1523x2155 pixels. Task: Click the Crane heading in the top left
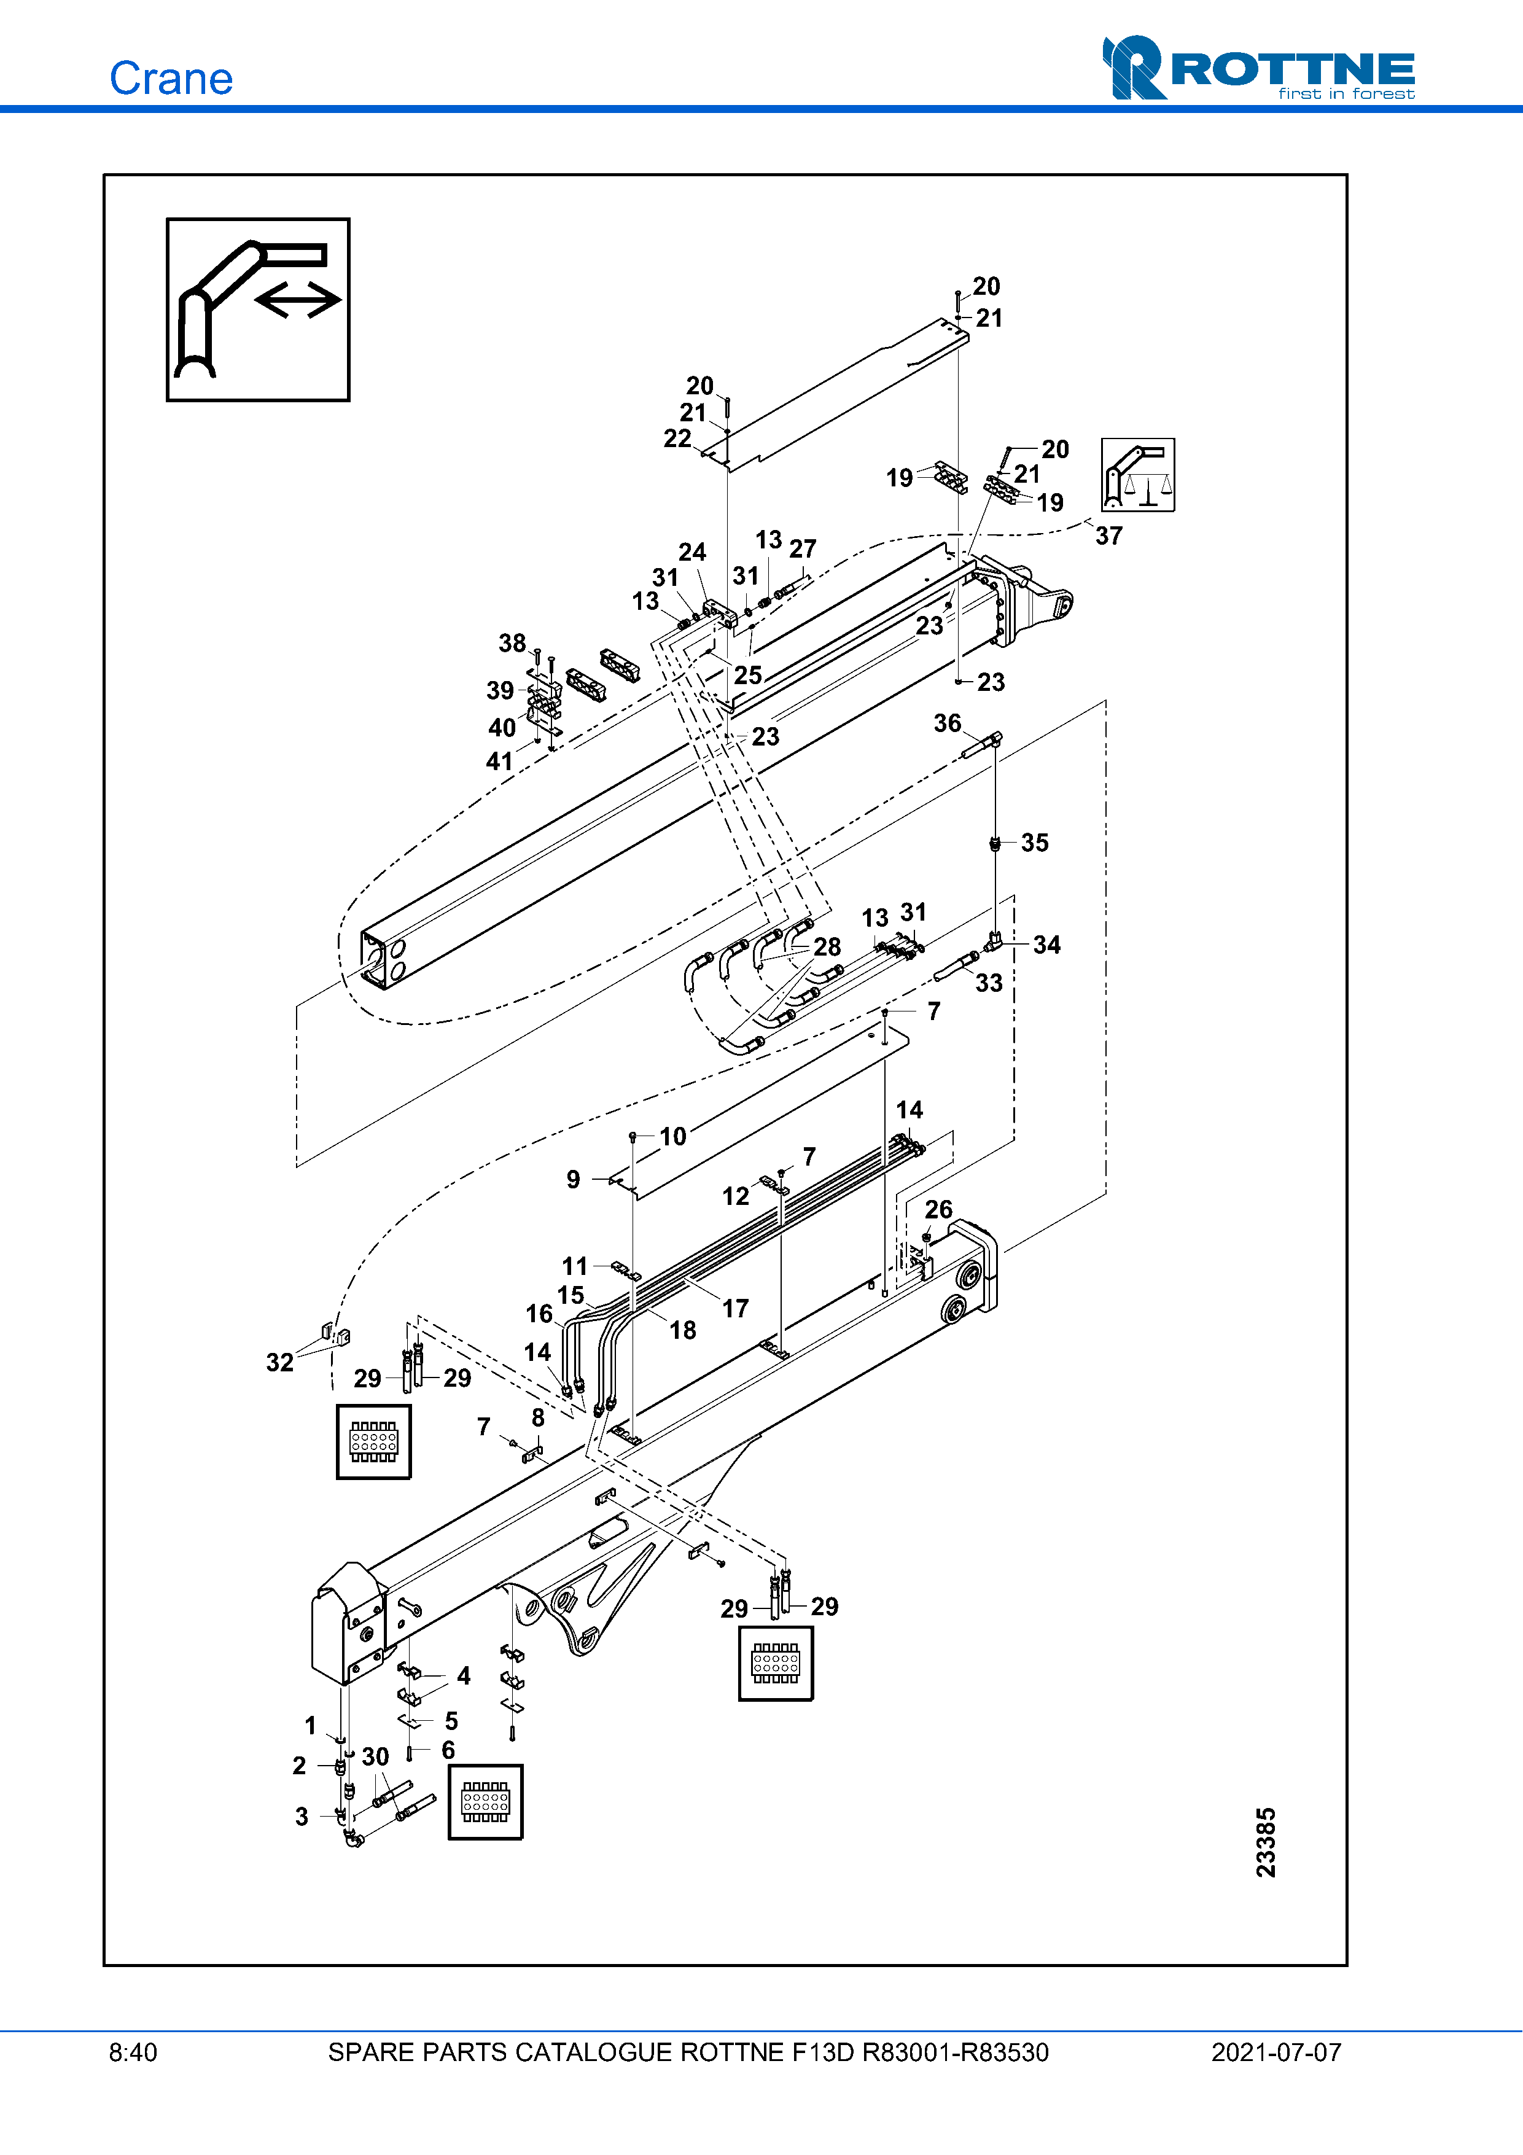pyautogui.click(x=171, y=79)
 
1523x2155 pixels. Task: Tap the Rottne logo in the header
pyautogui.click(x=1258, y=68)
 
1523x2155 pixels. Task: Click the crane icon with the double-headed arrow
pyautogui.click(x=258, y=310)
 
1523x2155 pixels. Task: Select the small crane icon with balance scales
pyautogui.click(x=1137, y=475)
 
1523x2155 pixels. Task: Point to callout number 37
pyautogui.click(x=1109, y=536)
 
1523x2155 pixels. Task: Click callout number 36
pyautogui.click(x=948, y=723)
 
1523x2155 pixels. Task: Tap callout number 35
pyautogui.click(x=1035, y=843)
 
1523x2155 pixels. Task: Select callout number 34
pyautogui.click(x=1047, y=945)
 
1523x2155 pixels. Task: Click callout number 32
pyautogui.click(x=279, y=1363)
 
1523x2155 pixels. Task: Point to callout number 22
pyautogui.click(x=677, y=439)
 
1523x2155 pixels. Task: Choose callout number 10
pyautogui.click(x=673, y=1137)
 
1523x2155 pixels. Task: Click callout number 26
pyautogui.click(x=938, y=1210)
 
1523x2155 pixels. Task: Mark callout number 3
pyautogui.click(x=301, y=1817)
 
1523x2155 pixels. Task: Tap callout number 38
pyautogui.click(x=512, y=643)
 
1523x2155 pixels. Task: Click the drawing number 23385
pyautogui.click(x=1266, y=1842)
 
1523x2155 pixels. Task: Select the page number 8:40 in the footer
pyautogui.click(x=133, y=2052)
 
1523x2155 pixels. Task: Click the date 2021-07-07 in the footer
pyautogui.click(x=1276, y=2052)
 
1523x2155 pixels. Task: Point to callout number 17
pyautogui.click(x=736, y=1308)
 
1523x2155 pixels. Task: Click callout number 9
pyautogui.click(x=574, y=1180)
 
